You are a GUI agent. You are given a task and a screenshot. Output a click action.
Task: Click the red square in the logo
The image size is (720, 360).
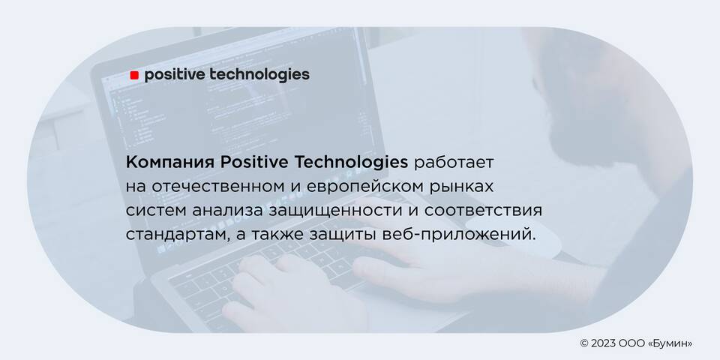(134, 75)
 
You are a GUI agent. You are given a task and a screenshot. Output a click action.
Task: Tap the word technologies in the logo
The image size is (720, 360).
(259, 75)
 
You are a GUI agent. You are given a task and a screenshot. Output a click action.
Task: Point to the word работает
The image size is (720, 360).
(454, 163)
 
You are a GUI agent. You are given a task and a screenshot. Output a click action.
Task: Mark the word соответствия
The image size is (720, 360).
(483, 211)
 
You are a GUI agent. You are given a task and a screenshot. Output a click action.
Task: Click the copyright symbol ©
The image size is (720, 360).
(584, 343)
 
